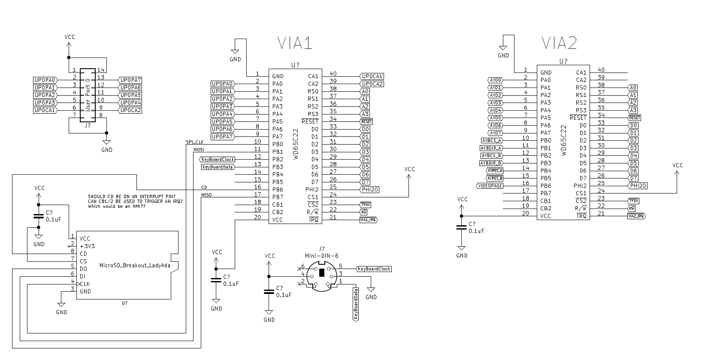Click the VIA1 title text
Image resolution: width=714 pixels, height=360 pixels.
point(294,43)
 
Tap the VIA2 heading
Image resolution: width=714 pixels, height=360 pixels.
point(559,43)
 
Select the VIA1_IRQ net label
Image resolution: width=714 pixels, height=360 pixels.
point(369,220)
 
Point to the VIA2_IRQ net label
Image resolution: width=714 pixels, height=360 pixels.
point(636,216)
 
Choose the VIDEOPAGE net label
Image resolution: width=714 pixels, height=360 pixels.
point(490,186)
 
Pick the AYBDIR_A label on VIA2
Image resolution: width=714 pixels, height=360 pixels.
point(491,148)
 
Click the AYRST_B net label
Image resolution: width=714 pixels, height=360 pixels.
point(495,178)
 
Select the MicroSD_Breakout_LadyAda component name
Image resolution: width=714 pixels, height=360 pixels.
point(135,265)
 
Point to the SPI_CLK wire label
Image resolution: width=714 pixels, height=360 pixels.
point(195,142)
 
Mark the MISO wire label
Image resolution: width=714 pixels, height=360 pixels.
point(206,195)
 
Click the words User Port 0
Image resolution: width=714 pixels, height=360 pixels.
point(88,95)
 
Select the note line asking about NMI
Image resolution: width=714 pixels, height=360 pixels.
point(116,206)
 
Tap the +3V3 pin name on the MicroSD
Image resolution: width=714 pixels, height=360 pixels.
point(88,246)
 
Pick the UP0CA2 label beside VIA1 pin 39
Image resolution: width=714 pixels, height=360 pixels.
point(372,84)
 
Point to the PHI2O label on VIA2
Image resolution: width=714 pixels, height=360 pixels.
point(638,186)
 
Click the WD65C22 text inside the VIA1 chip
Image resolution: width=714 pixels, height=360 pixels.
point(295,144)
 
